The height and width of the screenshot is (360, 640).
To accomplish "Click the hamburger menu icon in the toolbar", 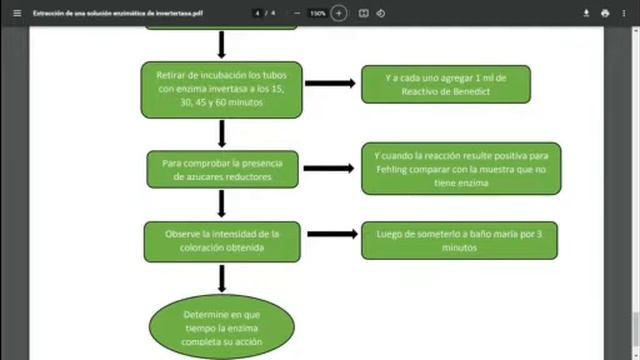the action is coord(15,13).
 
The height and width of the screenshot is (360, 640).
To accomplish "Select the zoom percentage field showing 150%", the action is coord(317,13).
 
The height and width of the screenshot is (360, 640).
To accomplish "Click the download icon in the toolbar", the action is coord(586,13).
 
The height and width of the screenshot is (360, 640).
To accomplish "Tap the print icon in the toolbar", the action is coord(605,13).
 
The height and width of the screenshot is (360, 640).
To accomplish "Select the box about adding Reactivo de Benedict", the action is coord(446,84).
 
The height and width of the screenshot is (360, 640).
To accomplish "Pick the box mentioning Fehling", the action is coord(461,169).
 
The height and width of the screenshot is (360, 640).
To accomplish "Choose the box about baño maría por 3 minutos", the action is coord(459,239).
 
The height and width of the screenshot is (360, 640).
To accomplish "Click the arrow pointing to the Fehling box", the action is coord(329,169).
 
